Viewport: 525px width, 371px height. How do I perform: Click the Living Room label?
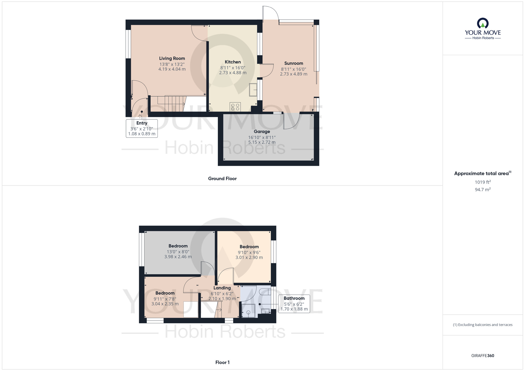coord(172,58)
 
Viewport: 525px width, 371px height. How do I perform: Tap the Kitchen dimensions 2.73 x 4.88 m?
coord(233,73)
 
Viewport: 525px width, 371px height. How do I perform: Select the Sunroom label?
coord(293,63)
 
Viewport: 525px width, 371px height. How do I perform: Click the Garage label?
coord(262,131)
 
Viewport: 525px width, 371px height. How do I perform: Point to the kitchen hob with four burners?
coord(235,107)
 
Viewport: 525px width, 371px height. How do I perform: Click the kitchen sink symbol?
coord(253,90)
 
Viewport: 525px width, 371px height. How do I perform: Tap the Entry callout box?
coord(142,128)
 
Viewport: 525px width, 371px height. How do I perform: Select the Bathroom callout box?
coord(294,304)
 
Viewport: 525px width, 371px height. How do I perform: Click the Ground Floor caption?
coord(222,178)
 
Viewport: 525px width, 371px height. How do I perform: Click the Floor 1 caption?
coord(222,362)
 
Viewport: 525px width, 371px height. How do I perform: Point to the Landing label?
coord(222,288)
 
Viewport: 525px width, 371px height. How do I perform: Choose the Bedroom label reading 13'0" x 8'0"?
coord(178,246)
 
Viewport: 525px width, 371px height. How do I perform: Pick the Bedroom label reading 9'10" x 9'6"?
coord(249,247)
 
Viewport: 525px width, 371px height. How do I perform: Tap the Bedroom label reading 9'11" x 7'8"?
coord(165,293)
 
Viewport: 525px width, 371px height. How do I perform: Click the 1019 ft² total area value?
coord(482,182)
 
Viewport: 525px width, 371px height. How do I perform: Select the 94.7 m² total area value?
coord(482,189)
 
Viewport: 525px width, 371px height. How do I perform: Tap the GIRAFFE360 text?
coord(482,356)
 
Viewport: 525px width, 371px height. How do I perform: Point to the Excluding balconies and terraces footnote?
coord(482,325)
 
